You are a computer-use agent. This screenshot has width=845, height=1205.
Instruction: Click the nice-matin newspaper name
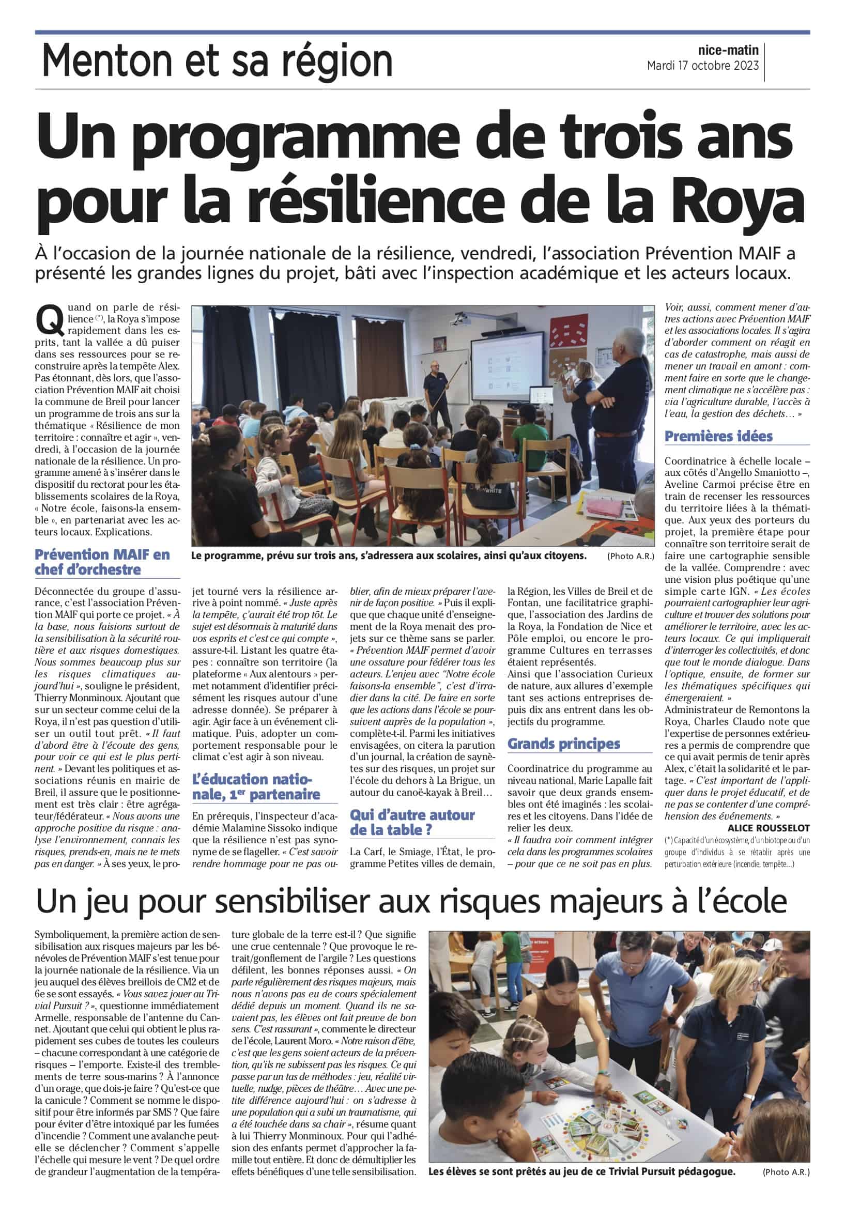(728, 51)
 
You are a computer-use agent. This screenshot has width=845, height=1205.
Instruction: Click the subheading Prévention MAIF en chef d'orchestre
(102, 562)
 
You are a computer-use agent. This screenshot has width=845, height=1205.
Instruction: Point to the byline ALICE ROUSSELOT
(769, 828)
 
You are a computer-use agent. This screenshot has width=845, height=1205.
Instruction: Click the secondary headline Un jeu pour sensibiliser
(411, 901)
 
